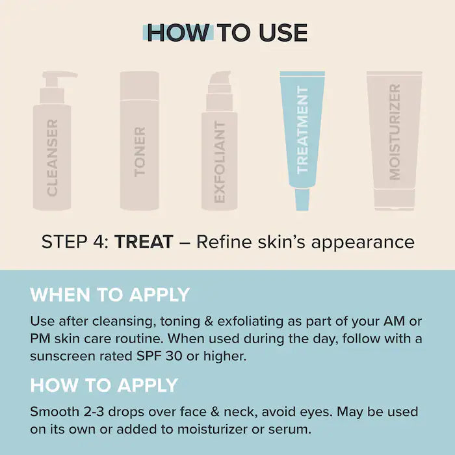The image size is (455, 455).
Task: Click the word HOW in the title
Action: click(179, 32)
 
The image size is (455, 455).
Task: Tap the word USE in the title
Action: click(283, 32)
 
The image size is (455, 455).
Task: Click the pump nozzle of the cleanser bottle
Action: click(60, 75)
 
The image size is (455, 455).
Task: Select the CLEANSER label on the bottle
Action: click(52, 157)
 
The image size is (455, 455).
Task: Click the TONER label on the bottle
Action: click(140, 151)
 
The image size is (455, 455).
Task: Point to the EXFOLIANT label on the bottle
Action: click(220, 162)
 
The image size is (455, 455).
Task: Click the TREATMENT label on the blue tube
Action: click(302, 130)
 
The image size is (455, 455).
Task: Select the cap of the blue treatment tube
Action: click(302, 199)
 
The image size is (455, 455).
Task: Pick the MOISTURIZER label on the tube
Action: click(395, 132)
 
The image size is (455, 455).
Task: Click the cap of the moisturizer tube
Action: click(395, 199)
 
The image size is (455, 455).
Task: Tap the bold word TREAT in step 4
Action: click(144, 242)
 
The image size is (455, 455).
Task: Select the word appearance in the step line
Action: click(363, 242)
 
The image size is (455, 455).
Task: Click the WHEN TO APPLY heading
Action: click(110, 295)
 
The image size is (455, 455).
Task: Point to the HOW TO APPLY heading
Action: click(104, 385)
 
